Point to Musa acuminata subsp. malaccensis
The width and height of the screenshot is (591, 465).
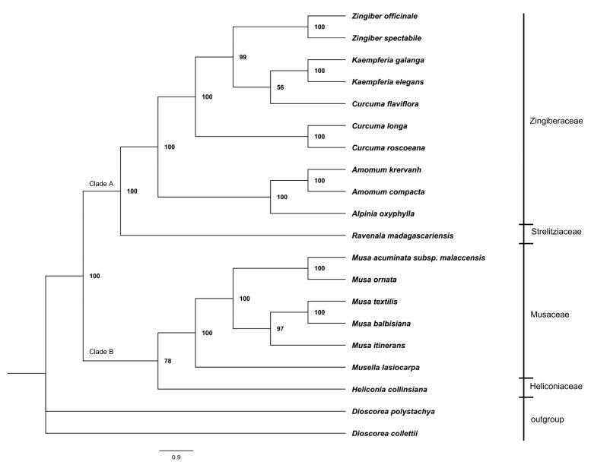pos(418,258)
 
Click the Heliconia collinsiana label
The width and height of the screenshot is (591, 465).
pos(390,390)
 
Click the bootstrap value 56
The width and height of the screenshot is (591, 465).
pos(279,87)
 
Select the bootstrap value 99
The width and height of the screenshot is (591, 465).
pos(243,57)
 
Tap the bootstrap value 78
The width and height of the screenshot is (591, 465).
pos(168,361)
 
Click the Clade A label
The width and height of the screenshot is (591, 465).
pos(100,184)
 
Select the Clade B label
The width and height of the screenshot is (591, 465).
pos(100,351)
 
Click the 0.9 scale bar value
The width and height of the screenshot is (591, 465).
pos(176,457)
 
